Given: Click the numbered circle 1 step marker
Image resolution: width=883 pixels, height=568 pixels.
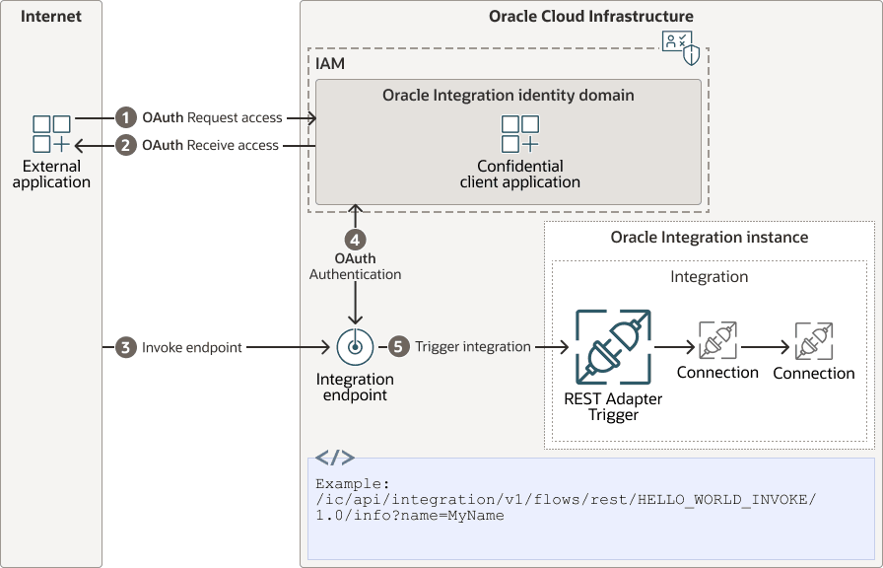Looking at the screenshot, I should (125, 117).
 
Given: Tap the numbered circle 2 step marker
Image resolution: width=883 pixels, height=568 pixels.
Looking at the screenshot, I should (125, 145).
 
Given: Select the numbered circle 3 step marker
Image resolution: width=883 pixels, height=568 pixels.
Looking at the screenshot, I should (125, 347).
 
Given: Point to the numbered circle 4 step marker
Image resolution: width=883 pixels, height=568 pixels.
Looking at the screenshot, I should (355, 239).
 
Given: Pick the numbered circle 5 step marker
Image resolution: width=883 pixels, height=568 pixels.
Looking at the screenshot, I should (398, 347).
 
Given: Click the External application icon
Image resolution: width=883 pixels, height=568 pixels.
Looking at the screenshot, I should (51, 135).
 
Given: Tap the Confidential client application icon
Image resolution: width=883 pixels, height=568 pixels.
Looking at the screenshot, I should (519, 135).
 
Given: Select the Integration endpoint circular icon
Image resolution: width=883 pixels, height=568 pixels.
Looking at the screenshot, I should (355, 347).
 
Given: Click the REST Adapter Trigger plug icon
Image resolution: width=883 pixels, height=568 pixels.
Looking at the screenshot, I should (613, 347).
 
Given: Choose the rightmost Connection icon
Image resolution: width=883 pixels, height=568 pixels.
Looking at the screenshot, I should (813, 340).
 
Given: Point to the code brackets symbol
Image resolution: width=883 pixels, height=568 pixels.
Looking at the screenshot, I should (335, 458).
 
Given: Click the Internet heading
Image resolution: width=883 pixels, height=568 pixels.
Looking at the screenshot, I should (51, 17).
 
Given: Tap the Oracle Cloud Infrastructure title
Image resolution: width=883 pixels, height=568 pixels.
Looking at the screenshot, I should (591, 17).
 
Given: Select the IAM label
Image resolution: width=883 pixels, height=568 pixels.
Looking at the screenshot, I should (330, 63).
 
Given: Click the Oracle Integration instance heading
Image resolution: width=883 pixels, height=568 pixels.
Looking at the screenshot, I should (710, 238).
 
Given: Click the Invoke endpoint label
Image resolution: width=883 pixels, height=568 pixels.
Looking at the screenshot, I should (192, 347).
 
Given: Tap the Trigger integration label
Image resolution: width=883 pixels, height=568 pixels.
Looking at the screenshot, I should (473, 347).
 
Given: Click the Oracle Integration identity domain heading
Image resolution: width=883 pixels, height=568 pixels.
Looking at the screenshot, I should (509, 96).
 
